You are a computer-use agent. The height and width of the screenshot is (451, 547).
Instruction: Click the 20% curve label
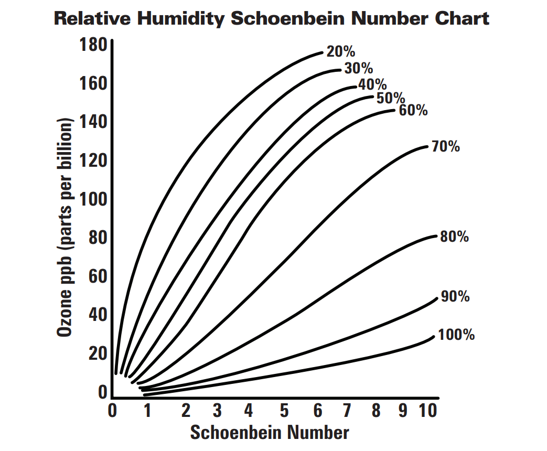[341, 51]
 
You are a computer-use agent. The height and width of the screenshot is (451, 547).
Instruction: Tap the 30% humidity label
[359, 68]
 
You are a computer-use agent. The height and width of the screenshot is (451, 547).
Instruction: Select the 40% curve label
[372, 84]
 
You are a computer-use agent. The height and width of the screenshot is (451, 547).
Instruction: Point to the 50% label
[391, 98]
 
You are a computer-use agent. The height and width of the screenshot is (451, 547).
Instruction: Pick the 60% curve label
[413, 111]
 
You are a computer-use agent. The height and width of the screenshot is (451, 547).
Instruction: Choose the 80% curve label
[454, 237]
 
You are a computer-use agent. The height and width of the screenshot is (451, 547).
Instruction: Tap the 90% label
[455, 297]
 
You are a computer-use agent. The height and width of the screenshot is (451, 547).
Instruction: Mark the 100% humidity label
[456, 334]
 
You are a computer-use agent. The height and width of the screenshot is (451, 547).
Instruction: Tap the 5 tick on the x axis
[284, 411]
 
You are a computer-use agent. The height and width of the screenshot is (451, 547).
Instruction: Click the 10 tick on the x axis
[428, 411]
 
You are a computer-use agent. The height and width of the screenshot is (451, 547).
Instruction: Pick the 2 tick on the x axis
[186, 411]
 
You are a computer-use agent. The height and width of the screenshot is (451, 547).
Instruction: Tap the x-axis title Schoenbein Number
[269, 433]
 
